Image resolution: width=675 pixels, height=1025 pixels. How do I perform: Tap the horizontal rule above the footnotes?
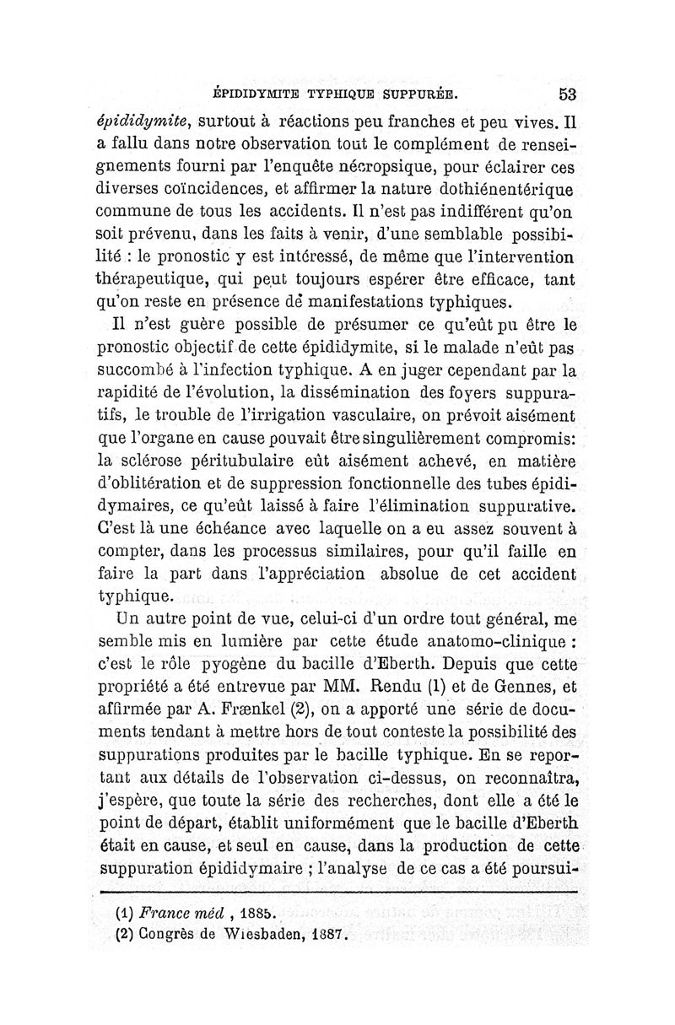tap(338, 891)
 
